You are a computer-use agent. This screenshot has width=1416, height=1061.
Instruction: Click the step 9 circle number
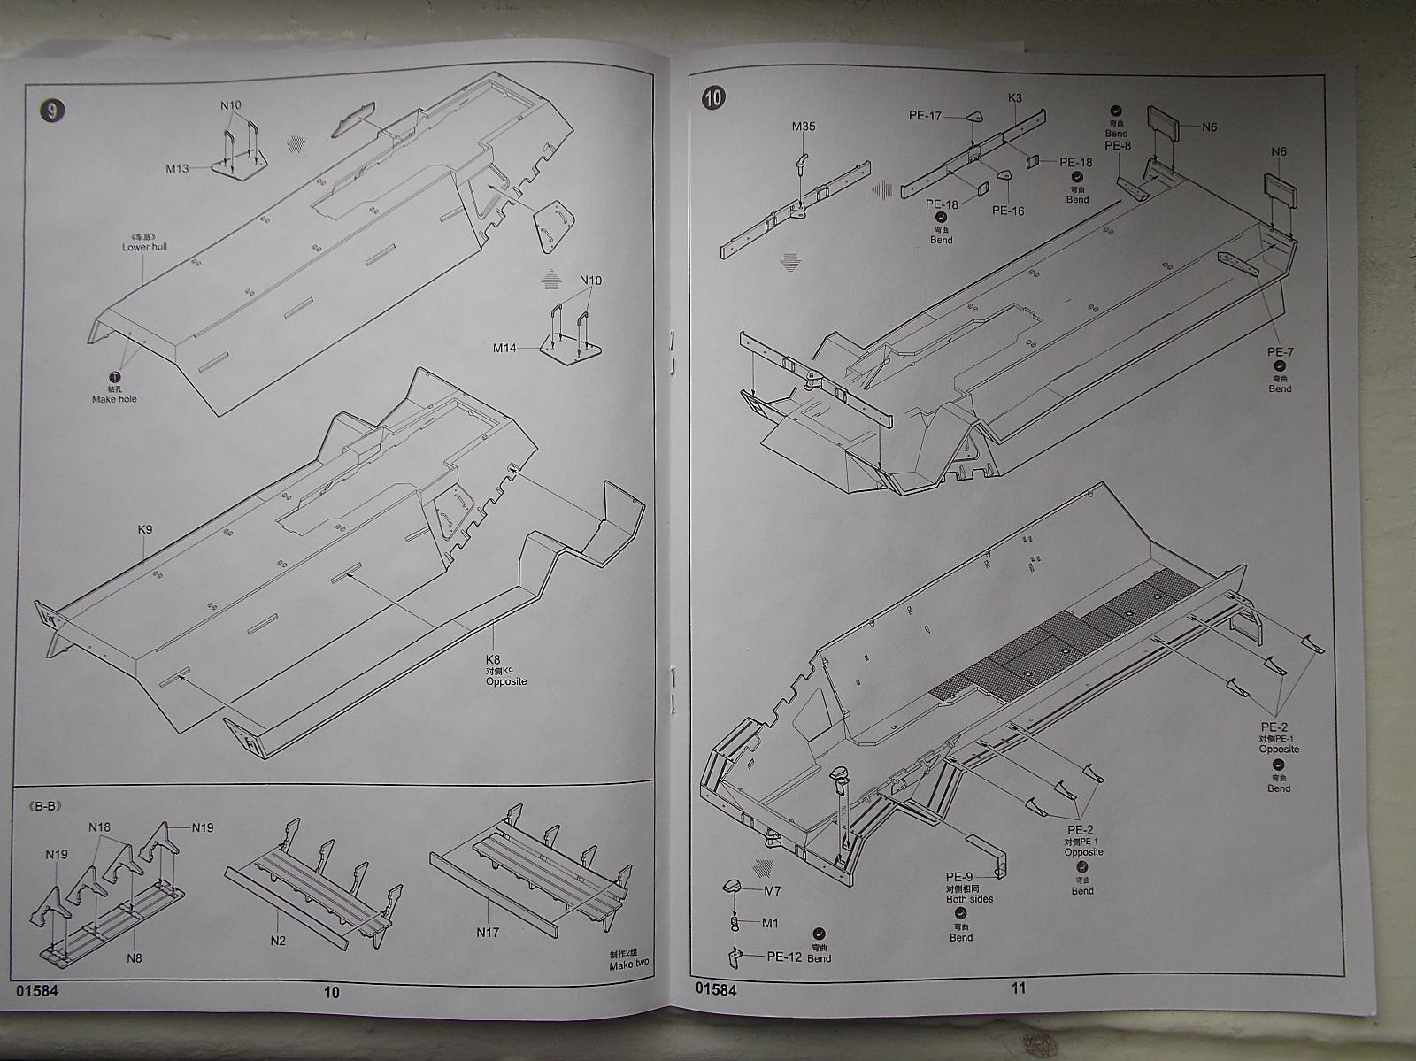[53, 110]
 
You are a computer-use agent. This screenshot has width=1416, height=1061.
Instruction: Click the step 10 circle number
[714, 99]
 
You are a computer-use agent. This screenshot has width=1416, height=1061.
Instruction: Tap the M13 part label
[178, 168]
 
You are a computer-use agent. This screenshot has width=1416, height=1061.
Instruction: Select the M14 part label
[504, 348]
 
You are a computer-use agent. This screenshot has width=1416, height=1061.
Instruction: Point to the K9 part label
[145, 529]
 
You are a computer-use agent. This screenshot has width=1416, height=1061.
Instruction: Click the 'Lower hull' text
[144, 247]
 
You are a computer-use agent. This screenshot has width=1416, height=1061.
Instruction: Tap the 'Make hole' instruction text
[115, 399]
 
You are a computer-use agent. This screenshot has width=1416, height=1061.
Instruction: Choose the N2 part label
[279, 941]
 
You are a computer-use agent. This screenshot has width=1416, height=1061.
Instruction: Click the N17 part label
[489, 931]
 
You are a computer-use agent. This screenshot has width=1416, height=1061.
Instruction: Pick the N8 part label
[135, 957]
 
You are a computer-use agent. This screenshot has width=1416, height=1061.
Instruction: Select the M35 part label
[804, 127]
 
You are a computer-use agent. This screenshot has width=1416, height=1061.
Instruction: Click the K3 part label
[1015, 98]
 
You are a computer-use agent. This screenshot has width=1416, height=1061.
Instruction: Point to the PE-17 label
[925, 114]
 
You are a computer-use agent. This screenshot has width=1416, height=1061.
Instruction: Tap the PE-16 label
[1008, 211]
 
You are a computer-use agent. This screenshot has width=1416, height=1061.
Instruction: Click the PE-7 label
[1280, 352]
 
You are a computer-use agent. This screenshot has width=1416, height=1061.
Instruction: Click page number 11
[1019, 988]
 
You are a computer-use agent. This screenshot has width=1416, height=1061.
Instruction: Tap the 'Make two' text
[629, 965]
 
